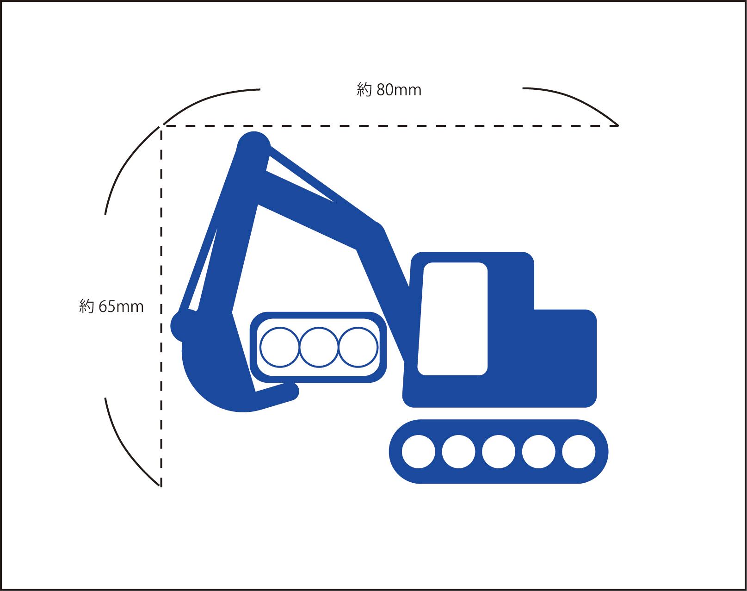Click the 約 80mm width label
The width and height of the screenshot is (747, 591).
pyautogui.click(x=389, y=89)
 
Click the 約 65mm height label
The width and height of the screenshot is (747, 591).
pyautogui.click(x=111, y=306)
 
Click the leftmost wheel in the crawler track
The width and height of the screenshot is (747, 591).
pyautogui.click(x=419, y=452)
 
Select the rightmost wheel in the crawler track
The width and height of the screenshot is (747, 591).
pyautogui.click(x=579, y=452)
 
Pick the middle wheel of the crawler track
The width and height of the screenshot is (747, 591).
pyautogui.click(x=499, y=452)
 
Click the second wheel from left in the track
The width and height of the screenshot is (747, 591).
pyautogui.click(x=458, y=452)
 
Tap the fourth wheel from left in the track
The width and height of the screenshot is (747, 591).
pyautogui.click(x=539, y=452)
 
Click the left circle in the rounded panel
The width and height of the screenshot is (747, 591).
pyautogui.click(x=280, y=347)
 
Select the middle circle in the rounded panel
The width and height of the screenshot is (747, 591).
pyautogui.click(x=319, y=347)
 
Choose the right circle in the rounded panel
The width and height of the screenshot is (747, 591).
pyautogui.click(x=358, y=347)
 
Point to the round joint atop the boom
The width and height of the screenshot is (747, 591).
pyautogui.click(x=253, y=146)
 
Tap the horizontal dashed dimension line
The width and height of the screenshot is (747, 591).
pyautogui.click(x=389, y=126)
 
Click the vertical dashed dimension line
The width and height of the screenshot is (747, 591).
pyautogui.click(x=161, y=305)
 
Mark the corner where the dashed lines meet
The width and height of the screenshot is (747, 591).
pyautogui.click(x=161, y=126)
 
